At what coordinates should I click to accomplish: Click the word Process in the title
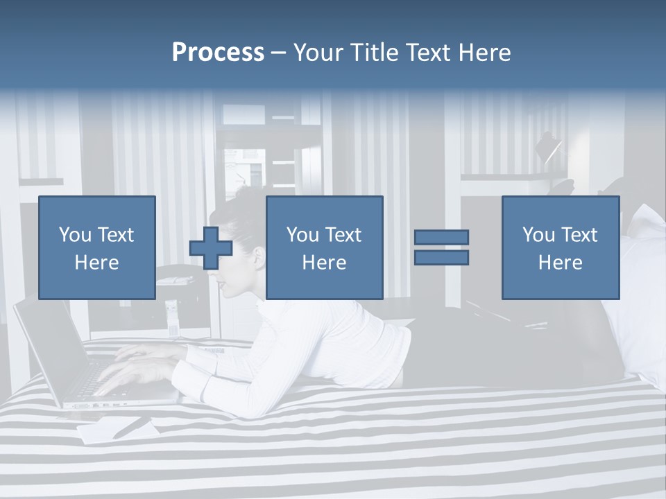click(218, 53)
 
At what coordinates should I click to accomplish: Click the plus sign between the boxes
click(210, 248)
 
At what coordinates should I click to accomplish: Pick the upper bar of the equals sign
click(441, 237)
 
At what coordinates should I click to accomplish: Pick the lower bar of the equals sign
click(441, 258)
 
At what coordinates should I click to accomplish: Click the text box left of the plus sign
click(96, 247)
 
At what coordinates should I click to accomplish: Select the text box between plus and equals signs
click(324, 247)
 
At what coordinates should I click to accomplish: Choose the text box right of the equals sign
click(560, 247)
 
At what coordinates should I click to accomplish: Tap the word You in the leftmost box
click(75, 235)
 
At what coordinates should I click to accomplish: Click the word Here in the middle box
click(324, 263)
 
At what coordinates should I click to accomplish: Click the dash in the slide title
click(279, 53)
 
